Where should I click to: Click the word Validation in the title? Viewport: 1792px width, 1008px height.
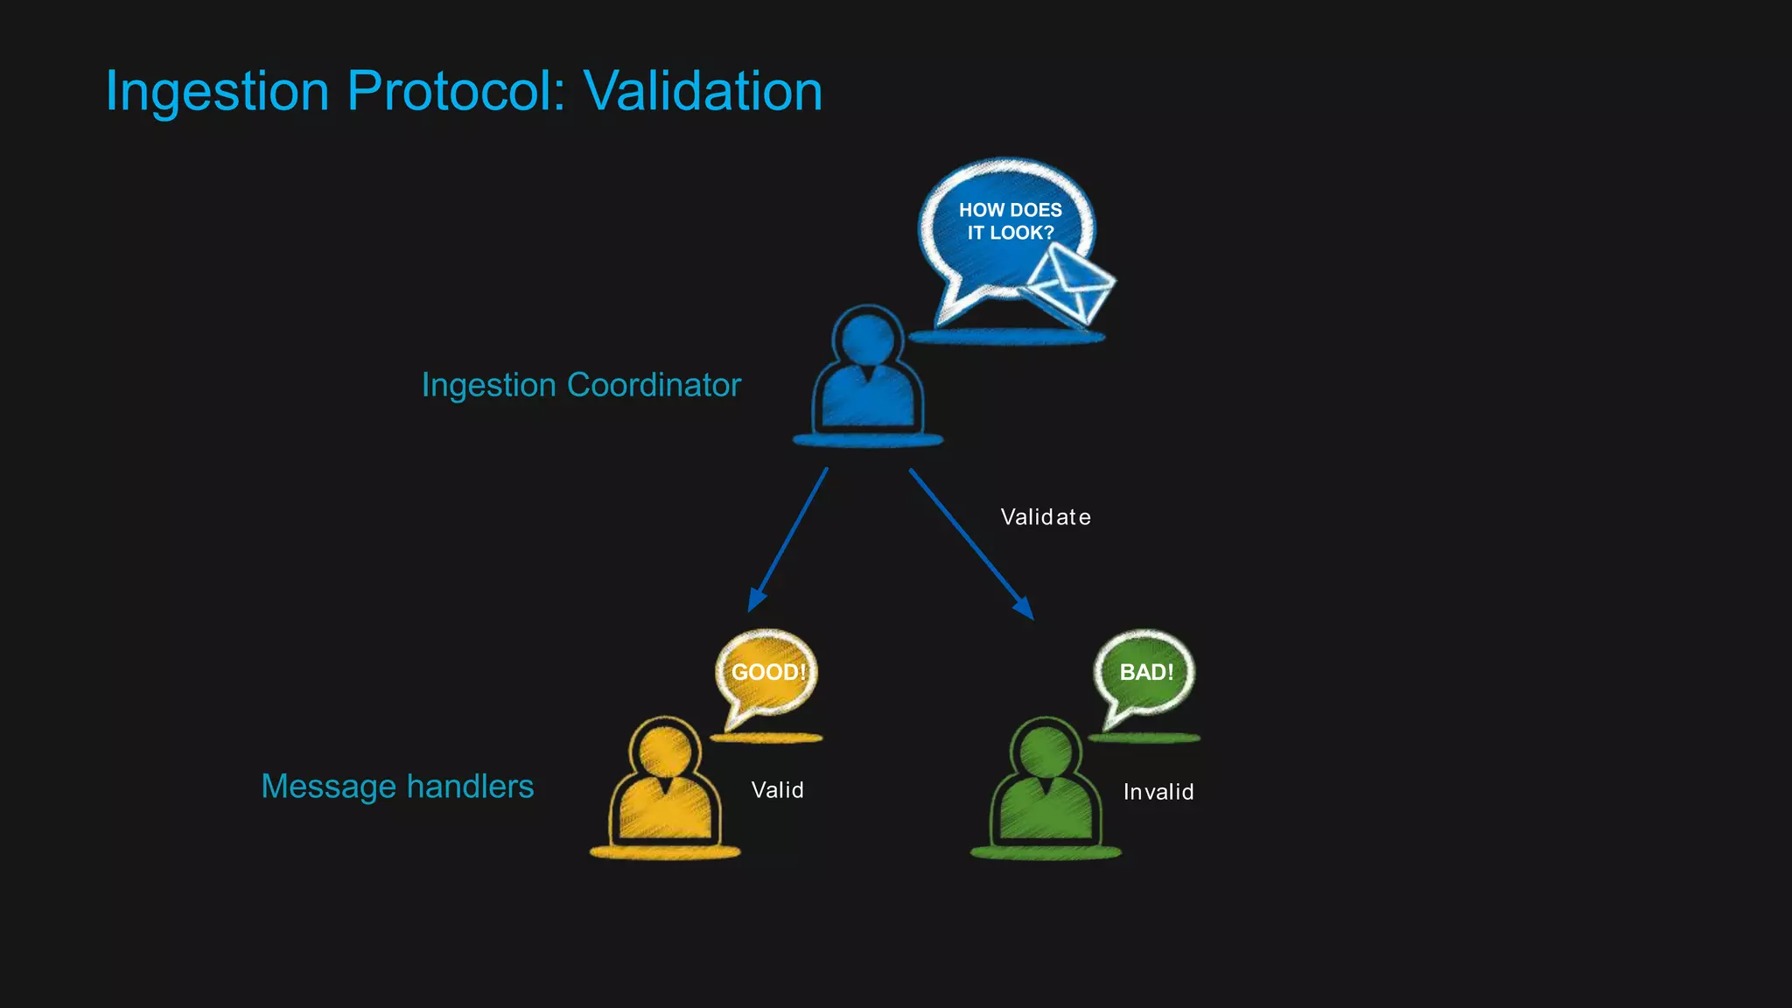[703, 91]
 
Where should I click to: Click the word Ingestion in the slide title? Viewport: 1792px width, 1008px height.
[217, 91]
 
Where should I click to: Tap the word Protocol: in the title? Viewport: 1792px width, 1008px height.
[456, 91]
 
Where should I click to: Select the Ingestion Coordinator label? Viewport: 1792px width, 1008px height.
[581, 385]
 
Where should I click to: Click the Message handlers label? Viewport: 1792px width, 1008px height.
[397, 786]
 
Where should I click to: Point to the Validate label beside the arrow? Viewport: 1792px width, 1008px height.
[1046, 517]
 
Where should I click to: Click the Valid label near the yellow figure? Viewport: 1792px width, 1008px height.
[777, 790]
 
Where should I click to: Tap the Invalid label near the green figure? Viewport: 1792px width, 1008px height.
[1158, 792]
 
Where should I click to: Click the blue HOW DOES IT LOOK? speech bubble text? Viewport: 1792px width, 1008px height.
[1010, 221]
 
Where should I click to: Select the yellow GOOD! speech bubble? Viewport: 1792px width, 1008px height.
[767, 672]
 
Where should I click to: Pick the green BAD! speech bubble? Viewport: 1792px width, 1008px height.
[1145, 672]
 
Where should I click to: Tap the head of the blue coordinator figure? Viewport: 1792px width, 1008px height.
[867, 337]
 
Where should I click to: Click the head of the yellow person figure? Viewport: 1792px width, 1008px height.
[665, 751]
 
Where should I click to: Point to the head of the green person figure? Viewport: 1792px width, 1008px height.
[1046, 751]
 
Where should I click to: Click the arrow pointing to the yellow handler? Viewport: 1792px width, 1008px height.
[788, 540]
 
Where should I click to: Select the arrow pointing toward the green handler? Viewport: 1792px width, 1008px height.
[970, 543]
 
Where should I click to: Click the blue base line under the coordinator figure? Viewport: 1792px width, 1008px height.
[867, 440]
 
